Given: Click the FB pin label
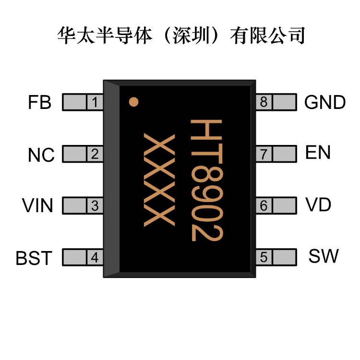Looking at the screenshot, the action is click(x=39, y=102).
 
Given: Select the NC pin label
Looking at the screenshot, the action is click(x=41, y=155).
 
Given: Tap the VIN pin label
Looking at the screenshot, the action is click(x=37, y=205).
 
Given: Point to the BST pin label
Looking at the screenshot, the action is click(x=34, y=258).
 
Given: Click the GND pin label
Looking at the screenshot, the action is click(x=325, y=102).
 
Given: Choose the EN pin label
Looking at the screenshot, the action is click(x=318, y=152).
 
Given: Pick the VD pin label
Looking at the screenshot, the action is click(x=318, y=204).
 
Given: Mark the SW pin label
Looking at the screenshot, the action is click(x=324, y=256).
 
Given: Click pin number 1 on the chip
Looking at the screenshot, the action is click(x=95, y=102).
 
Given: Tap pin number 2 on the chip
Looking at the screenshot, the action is click(x=95, y=154).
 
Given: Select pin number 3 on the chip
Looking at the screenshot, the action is click(x=95, y=206).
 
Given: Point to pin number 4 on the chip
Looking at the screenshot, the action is click(x=95, y=257).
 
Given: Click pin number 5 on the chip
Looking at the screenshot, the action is click(x=264, y=257).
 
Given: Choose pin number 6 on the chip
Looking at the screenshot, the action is click(x=264, y=205).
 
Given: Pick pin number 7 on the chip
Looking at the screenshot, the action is click(x=264, y=154).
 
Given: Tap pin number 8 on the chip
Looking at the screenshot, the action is click(x=264, y=102).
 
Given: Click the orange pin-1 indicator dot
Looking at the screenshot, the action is click(x=133, y=102).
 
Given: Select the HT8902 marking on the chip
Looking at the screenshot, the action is click(x=206, y=180).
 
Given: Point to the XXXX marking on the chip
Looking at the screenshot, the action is click(x=159, y=180).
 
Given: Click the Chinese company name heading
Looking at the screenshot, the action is click(x=181, y=36).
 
